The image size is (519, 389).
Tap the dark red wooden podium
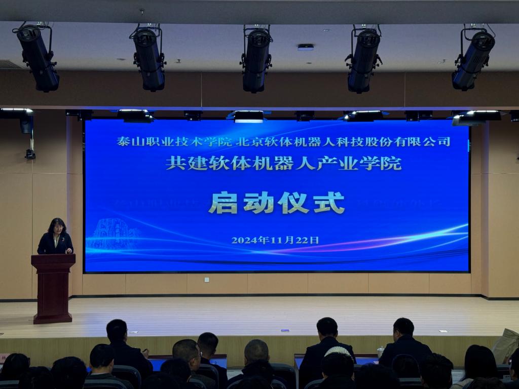click(53, 288)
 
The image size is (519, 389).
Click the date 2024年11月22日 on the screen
click(275, 240)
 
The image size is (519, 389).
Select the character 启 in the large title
click(224, 203)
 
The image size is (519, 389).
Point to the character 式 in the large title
click(329, 203)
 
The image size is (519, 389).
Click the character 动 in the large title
click(258, 203)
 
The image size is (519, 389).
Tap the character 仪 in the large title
click(293, 203)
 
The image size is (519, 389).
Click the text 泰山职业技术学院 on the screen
click(174, 142)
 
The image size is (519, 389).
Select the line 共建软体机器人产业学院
click(284, 163)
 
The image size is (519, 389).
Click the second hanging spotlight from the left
click(149, 58)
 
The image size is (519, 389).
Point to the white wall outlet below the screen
click(207, 280)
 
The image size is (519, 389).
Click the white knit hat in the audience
click(337, 351)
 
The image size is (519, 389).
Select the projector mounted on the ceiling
click(305, 47)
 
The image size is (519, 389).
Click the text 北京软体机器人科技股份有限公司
click(343, 142)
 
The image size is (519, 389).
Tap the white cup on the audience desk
click(380, 352)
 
